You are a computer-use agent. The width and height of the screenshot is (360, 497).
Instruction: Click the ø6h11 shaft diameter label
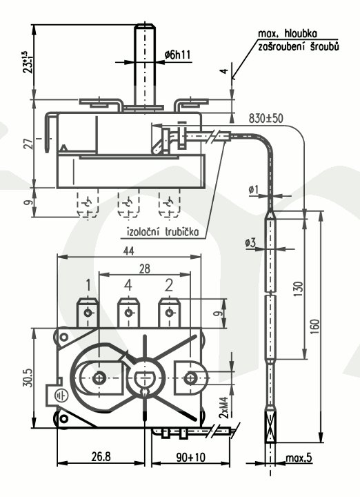pyautogui.click(x=178, y=55)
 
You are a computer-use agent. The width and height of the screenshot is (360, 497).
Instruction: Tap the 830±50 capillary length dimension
pyautogui.click(x=266, y=119)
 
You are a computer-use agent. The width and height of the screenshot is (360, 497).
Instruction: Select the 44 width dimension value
pyautogui.click(x=128, y=251)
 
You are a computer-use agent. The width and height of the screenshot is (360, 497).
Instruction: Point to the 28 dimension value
pyautogui.click(x=144, y=269)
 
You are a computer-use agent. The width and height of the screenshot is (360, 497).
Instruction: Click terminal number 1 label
pyautogui.click(x=88, y=285)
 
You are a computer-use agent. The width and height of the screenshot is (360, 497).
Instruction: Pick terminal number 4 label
pyautogui.click(x=128, y=285)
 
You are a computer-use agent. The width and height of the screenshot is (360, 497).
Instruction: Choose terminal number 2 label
pyautogui.click(x=169, y=285)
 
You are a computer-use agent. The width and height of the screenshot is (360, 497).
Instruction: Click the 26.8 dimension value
pyautogui.click(x=101, y=457)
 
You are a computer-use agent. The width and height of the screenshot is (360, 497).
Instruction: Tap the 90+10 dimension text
pyautogui.click(x=190, y=457)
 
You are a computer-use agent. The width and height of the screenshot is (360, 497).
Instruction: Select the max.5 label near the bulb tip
pyautogui.click(x=299, y=458)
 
